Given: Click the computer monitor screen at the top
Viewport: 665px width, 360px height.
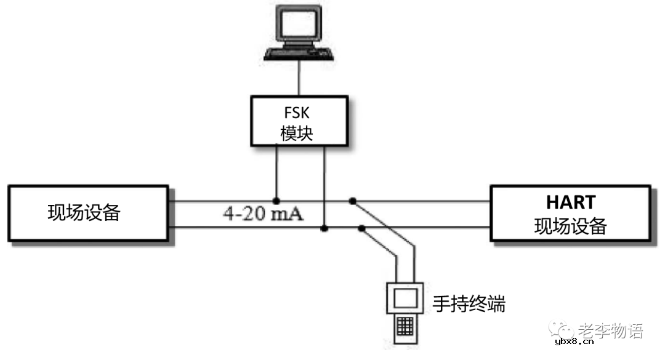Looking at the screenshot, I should [299, 25].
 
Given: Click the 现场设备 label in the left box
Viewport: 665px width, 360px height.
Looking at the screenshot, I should [84, 213].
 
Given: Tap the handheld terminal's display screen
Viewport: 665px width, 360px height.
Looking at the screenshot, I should [404, 298].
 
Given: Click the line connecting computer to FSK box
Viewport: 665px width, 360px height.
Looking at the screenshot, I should [299, 78].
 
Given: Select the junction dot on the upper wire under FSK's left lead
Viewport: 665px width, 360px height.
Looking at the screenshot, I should [276, 201].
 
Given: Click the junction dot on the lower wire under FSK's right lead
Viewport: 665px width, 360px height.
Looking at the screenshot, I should [324, 229].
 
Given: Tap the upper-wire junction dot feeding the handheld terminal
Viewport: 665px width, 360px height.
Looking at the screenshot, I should [352, 201].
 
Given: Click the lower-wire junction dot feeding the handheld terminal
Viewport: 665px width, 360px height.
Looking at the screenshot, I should [362, 229].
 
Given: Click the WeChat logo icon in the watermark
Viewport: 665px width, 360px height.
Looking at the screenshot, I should [562, 330].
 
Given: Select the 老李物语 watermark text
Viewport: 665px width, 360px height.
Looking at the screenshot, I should [610, 330].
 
